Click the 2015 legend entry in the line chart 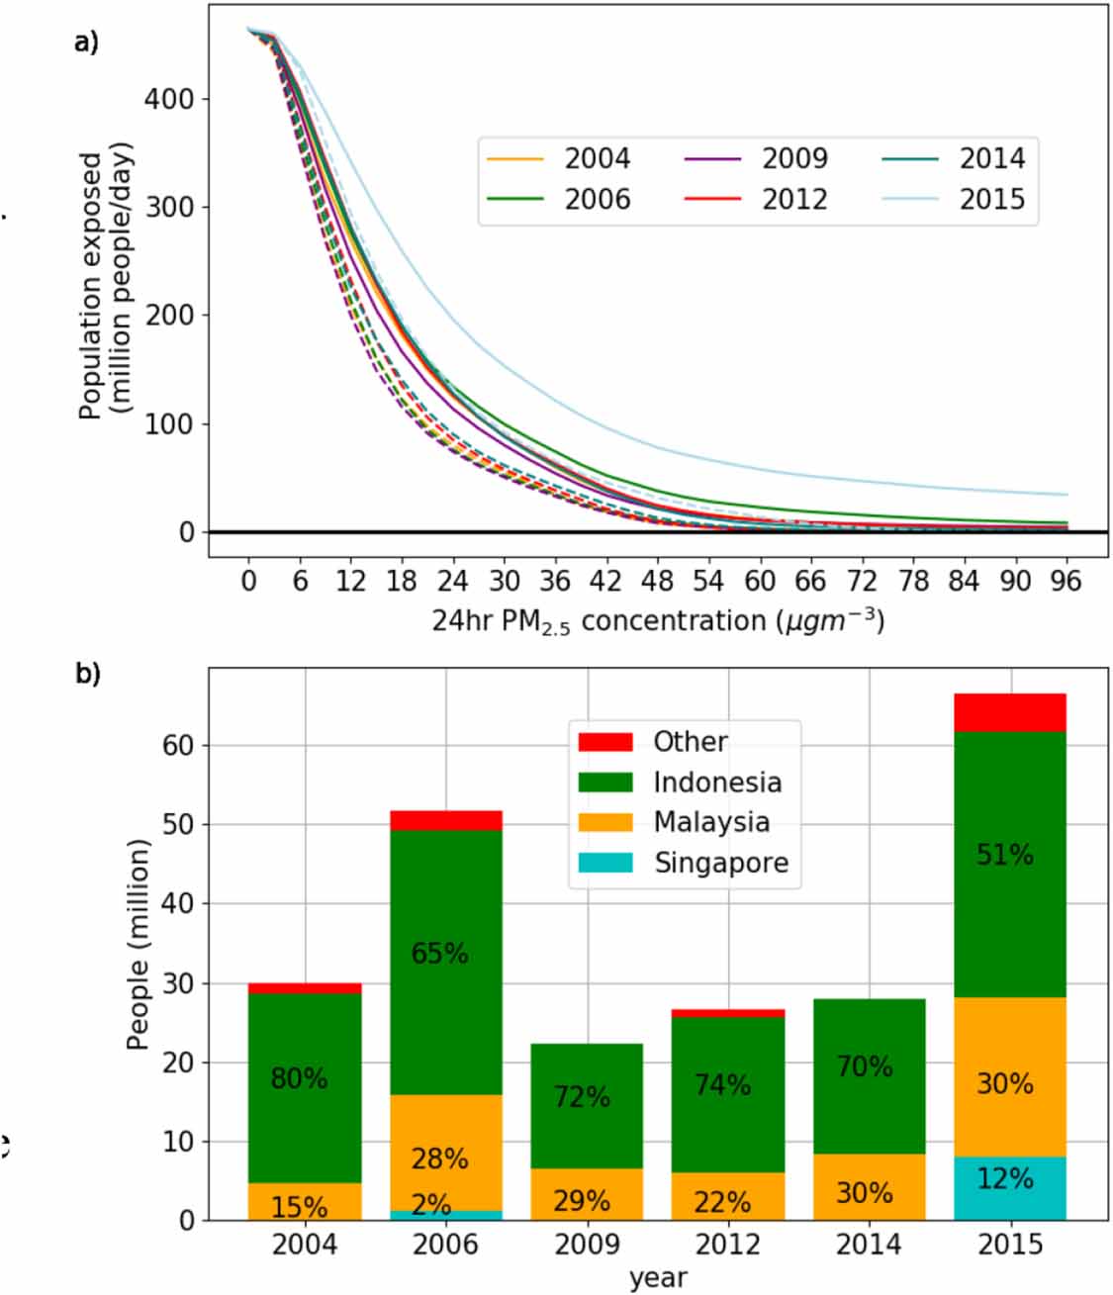[x=991, y=199]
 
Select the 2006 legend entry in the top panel [x=597, y=199]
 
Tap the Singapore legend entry [x=720, y=863]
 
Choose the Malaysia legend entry [x=710, y=822]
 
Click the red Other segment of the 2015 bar [x=1009, y=712]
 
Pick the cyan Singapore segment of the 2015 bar [x=1009, y=1188]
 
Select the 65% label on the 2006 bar [x=439, y=953]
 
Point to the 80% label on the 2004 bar [x=299, y=1077]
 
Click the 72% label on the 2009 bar [x=582, y=1097]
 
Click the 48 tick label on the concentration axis [x=657, y=581]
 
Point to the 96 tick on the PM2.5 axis [x=1065, y=581]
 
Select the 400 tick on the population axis [x=169, y=99]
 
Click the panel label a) [x=87, y=43]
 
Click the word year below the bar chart [x=657, y=1277]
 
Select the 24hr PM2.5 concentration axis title [x=657, y=621]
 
